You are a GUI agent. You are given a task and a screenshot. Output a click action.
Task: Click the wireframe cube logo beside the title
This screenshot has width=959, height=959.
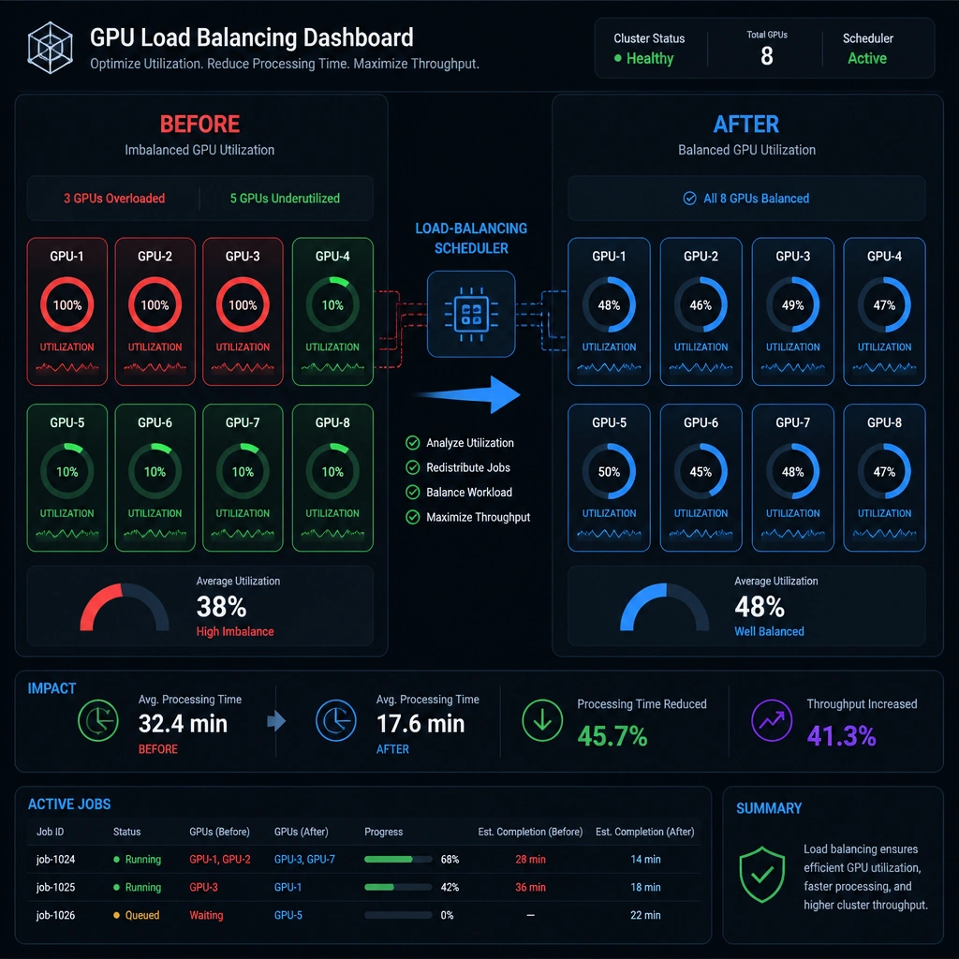51,48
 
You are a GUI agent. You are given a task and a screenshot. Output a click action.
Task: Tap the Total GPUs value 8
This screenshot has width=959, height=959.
766,56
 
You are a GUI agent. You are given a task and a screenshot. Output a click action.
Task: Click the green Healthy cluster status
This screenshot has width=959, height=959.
650,59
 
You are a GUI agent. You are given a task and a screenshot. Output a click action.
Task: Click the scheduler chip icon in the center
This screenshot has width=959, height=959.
471,314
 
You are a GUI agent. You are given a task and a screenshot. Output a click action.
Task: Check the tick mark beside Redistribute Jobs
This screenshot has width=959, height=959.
413,468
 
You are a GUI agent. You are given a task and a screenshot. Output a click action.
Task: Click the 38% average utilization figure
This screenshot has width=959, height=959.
221,607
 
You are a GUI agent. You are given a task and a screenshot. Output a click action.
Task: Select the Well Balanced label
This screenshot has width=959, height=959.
769,632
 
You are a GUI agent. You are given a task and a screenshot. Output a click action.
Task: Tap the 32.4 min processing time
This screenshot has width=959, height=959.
183,724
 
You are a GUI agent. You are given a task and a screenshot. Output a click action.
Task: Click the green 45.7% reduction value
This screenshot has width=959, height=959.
612,736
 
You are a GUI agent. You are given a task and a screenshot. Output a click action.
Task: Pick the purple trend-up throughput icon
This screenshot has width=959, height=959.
772,720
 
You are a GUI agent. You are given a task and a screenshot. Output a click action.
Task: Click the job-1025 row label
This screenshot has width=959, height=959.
55,888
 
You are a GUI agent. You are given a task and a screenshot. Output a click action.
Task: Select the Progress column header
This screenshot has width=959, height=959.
383,832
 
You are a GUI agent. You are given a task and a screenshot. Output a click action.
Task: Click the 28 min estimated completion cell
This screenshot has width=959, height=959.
530,860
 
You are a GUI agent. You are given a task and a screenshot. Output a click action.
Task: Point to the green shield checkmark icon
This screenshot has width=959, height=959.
761,876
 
